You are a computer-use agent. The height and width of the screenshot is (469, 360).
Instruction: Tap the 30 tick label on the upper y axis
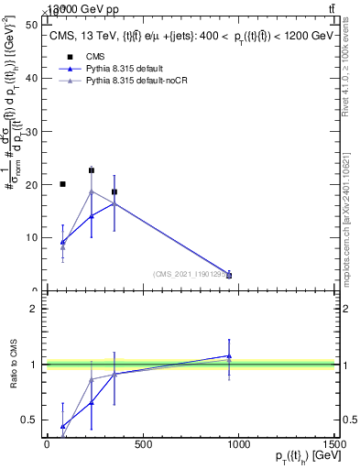tap(36, 131)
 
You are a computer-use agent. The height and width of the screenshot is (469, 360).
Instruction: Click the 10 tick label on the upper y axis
tap(36, 237)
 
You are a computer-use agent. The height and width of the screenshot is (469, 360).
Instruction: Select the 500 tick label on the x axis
tap(143, 444)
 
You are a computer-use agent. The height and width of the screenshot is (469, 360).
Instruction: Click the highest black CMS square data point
tap(92, 170)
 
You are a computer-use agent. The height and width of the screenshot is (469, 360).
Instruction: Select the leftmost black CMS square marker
tap(62, 184)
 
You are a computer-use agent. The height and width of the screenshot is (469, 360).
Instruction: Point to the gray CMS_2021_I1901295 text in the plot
tap(191, 274)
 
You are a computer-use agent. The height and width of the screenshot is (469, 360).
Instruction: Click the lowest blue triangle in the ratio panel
tap(62, 426)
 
